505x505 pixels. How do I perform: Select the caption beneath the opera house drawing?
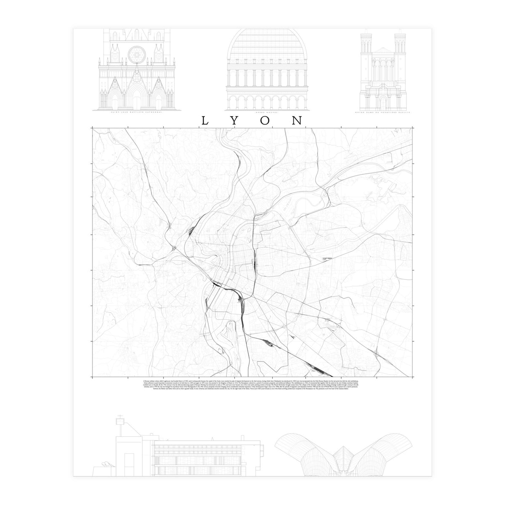tap(268, 113)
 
